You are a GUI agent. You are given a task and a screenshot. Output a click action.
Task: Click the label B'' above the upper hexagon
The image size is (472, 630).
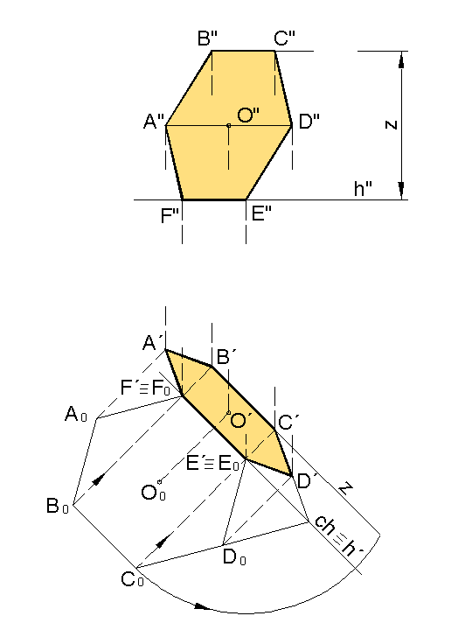point(207,38)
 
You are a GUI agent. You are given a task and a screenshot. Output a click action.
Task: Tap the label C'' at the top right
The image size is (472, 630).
point(285,38)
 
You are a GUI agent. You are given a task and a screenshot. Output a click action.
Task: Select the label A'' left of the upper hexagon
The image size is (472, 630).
point(154,122)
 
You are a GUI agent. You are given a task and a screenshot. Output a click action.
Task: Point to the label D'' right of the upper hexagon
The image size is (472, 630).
point(309,122)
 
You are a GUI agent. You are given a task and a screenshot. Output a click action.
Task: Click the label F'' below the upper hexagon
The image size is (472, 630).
point(170,215)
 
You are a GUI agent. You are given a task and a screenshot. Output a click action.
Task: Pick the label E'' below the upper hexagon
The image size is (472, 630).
point(261,213)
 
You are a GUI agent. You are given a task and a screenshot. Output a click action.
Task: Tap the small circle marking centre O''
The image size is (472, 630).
point(229,126)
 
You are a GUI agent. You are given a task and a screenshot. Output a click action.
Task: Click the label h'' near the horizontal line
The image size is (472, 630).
point(363,188)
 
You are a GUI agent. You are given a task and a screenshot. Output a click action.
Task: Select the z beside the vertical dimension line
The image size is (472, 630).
point(392,124)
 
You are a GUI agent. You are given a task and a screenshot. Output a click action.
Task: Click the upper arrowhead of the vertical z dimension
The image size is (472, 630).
point(402,59)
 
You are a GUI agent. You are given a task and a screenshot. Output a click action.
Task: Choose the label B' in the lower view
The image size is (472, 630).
point(226,357)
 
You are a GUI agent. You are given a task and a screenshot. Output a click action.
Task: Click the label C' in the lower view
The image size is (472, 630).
point(288,423)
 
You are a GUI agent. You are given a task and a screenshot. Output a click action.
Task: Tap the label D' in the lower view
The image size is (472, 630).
point(308,481)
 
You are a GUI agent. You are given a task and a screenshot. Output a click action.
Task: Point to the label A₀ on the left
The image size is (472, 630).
point(75,414)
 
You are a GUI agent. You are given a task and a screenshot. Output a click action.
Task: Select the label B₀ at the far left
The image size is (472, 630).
point(58,506)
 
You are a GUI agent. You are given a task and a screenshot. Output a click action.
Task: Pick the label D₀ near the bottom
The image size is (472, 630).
point(234,557)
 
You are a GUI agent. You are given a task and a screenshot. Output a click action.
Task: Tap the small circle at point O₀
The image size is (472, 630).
point(159,481)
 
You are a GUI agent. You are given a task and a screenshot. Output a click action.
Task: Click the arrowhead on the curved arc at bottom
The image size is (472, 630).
point(203,605)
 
